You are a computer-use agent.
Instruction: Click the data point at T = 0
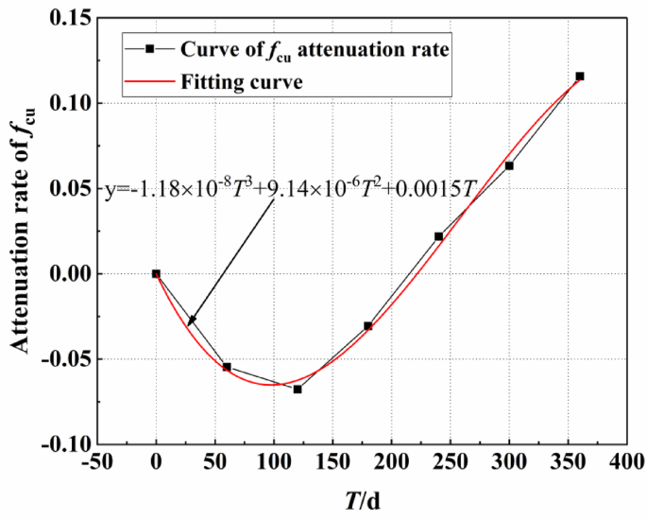156,273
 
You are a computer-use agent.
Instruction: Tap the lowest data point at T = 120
298,389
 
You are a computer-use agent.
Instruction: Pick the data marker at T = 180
368,326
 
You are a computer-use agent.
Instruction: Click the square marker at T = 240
438,236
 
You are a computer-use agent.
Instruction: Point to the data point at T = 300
509,165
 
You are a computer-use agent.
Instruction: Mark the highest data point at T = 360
580,76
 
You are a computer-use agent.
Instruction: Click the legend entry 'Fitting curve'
241,81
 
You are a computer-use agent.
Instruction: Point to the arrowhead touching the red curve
190,323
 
